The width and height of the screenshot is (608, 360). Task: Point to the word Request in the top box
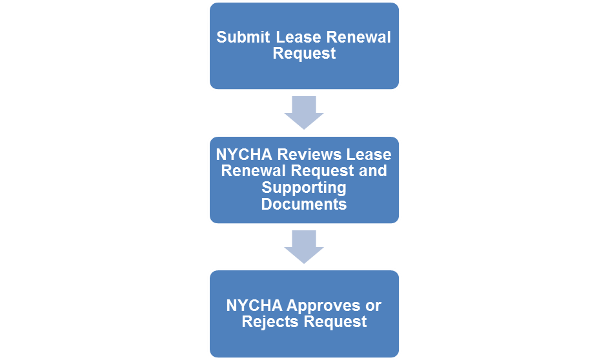[x=304, y=54]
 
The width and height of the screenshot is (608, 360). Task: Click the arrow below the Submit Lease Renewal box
[x=304, y=112]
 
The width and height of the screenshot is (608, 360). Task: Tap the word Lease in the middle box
[x=369, y=155]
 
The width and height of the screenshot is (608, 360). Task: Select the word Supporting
[x=304, y=188]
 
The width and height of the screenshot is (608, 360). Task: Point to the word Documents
[x=304, y=204]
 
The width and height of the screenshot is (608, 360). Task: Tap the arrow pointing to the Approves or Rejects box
[x=304, y=246]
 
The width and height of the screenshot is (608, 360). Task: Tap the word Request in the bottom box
[x=336, y=322]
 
